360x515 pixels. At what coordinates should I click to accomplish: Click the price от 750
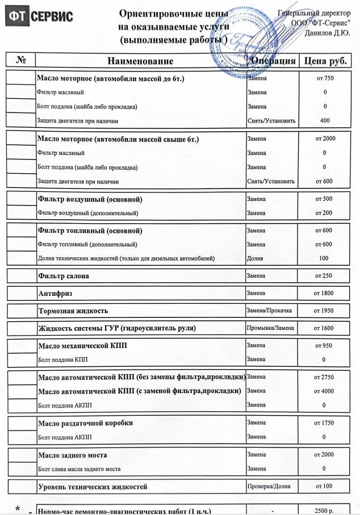[x=324, y=78]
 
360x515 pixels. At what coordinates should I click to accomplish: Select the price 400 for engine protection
[x=324, y=120]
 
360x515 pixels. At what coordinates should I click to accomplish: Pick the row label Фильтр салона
[x=63, y=276]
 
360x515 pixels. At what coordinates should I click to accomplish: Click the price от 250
[x=324, y=276]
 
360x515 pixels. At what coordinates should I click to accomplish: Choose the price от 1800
[x=324, y=294]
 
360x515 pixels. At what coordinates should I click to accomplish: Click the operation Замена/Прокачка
[x=269, y=311]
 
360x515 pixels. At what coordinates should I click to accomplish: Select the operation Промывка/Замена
[x=270, y=328]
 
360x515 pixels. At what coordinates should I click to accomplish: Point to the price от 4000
[x=324, y=391]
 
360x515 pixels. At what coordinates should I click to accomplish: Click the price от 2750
[x=324, y=377]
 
